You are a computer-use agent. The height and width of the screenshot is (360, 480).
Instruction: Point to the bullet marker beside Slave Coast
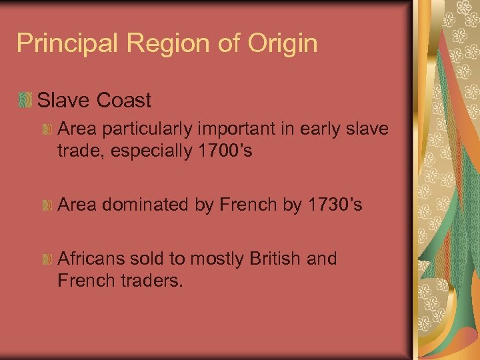pyautogui.click(x=25, y=101)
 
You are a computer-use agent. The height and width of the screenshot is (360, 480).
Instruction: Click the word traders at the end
pyautogui.click(x=151, y=280)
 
